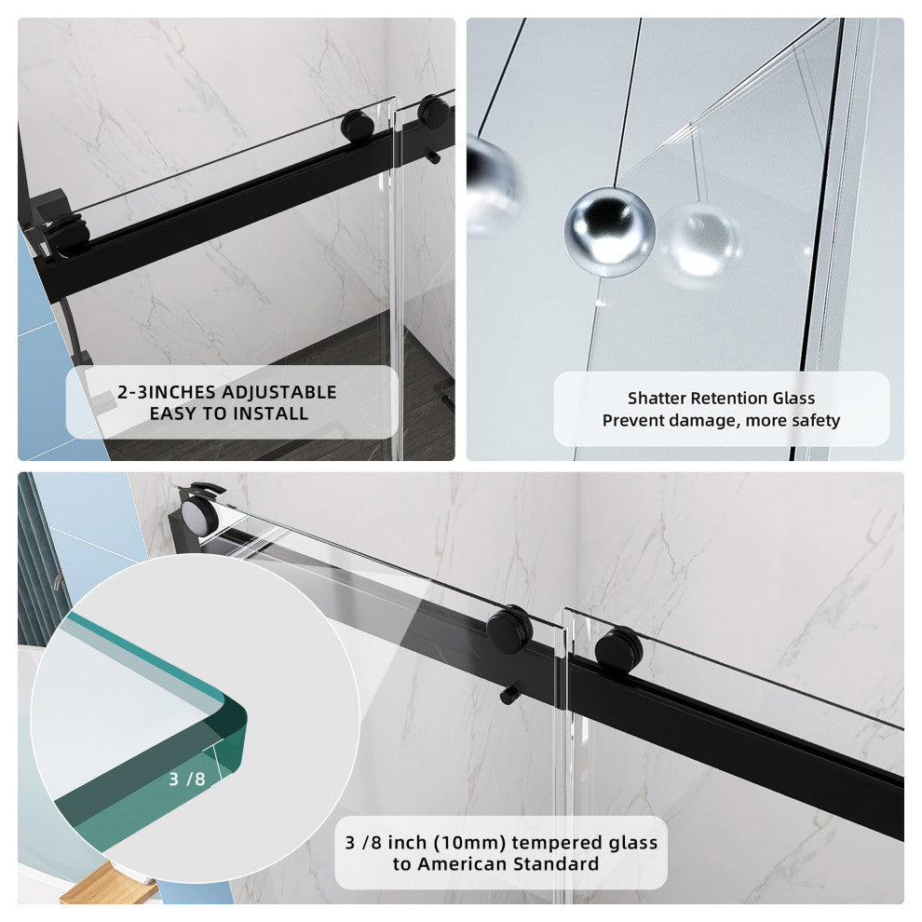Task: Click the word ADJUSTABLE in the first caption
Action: (x=279, y=392)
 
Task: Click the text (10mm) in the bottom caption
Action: (x=469, y=843)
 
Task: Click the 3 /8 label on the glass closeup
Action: (x=187, y=780)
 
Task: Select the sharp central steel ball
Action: (x=610, y=232)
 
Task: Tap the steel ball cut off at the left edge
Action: (x=492, y=183)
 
